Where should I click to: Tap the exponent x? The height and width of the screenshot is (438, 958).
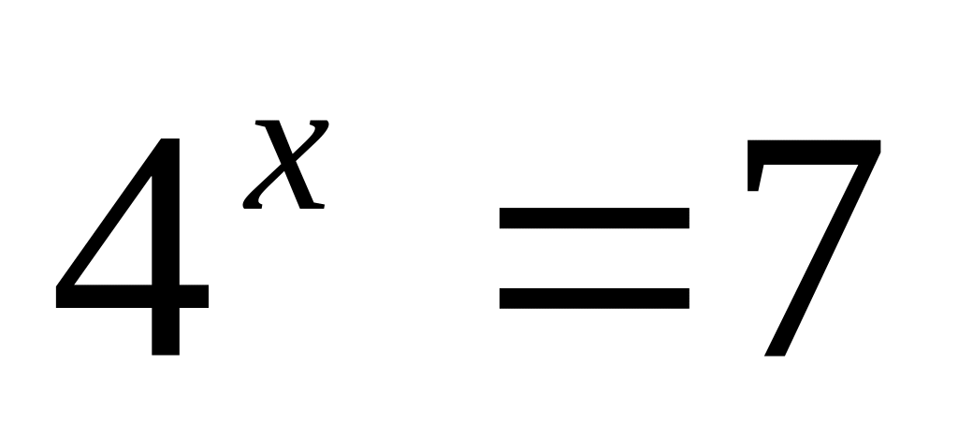pyautogui.click(x=285, y=164)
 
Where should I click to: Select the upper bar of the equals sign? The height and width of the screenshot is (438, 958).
pyautogui.click(x=594, y=218)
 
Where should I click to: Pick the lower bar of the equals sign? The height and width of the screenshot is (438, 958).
pyautogui.click(x=594, y=298)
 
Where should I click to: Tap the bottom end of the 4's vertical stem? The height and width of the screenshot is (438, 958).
pyautogui.click(x=165, y=350)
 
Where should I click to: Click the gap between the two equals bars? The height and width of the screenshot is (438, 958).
pyautogui.click(x=594, y=257)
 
